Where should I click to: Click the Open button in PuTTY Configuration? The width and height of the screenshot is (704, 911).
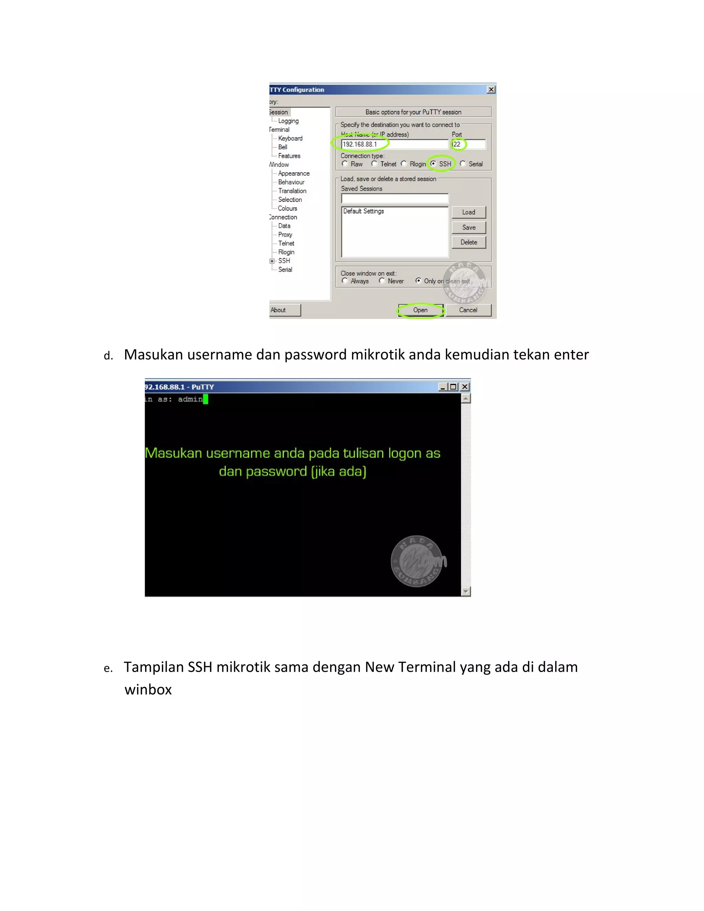pos(420,310)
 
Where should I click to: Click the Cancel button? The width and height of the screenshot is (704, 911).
pos(468,310)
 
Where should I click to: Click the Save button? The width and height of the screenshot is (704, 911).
pos(469,227)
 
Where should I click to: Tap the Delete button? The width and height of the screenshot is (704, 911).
pos(469,242)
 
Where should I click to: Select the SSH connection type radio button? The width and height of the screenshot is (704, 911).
pos(433,164)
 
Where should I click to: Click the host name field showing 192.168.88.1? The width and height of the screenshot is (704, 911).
pos(394,144)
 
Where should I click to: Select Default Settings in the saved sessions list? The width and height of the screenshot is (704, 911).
pos(364,211)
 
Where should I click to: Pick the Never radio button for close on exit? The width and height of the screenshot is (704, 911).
pos(382,281)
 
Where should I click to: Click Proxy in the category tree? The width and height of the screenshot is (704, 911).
pos(285,234)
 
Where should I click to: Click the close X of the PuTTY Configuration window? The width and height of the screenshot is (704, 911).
pos(491,90)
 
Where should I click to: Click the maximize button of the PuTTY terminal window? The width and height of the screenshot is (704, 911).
pos(453,387)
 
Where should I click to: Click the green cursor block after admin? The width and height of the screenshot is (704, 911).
pos(206,399)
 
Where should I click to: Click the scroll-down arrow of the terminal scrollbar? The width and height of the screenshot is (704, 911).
pos(466,591)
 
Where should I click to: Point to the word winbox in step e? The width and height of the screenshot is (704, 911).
pos(148,690)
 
